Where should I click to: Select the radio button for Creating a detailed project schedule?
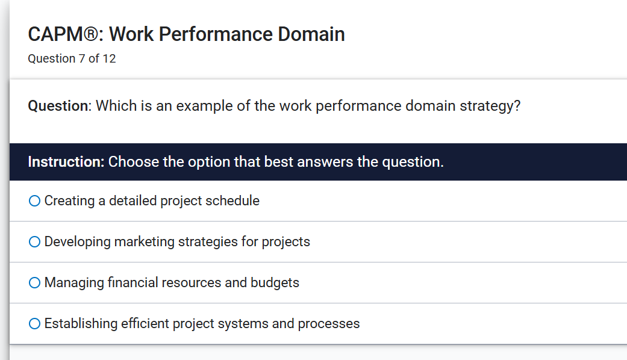coord(34,201)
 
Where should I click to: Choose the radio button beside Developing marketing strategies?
coord(34,242)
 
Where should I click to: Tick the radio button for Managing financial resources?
coord(34,283)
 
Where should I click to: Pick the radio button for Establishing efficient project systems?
coord(34,324)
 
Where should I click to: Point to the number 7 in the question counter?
coord(82,59)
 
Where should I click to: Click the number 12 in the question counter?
coord(109,59)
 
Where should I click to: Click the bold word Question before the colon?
coord(58,106)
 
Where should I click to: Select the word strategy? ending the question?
coord(490,106)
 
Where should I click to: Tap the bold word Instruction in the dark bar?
coord(66,162)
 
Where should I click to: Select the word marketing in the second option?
coord(144,242)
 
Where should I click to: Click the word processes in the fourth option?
coord(328,324)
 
